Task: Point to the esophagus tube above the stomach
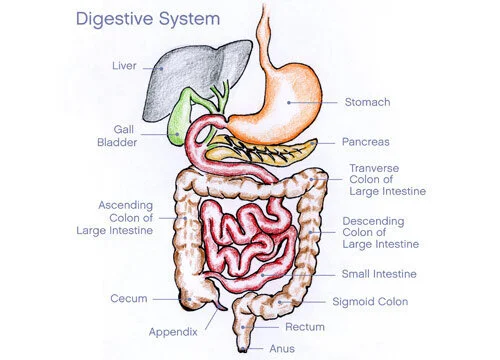click(x=268, y=30)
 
